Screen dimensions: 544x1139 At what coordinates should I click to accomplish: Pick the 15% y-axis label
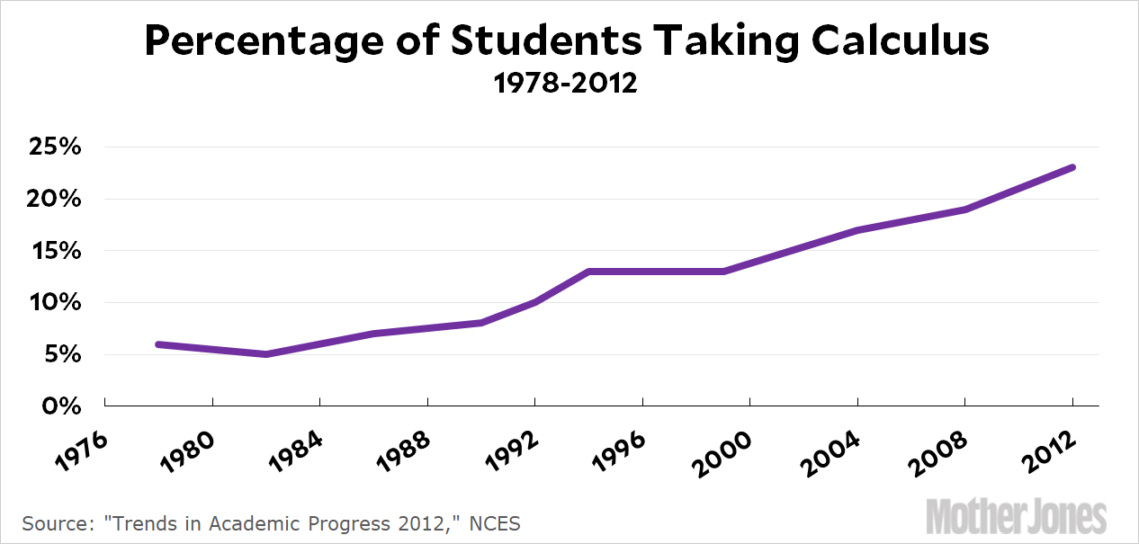[x=55, y=251]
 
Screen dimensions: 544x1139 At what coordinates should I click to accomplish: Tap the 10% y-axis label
[x=55, y=303]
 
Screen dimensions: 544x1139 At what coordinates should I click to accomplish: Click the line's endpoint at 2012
[x=1072, y=167]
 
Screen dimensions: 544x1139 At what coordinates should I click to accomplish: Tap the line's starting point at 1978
[x=158, y=344]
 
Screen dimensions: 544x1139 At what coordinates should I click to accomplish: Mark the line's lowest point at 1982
[x=266, y=354]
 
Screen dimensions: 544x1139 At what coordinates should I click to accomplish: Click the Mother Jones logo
[x=1016, y=516]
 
